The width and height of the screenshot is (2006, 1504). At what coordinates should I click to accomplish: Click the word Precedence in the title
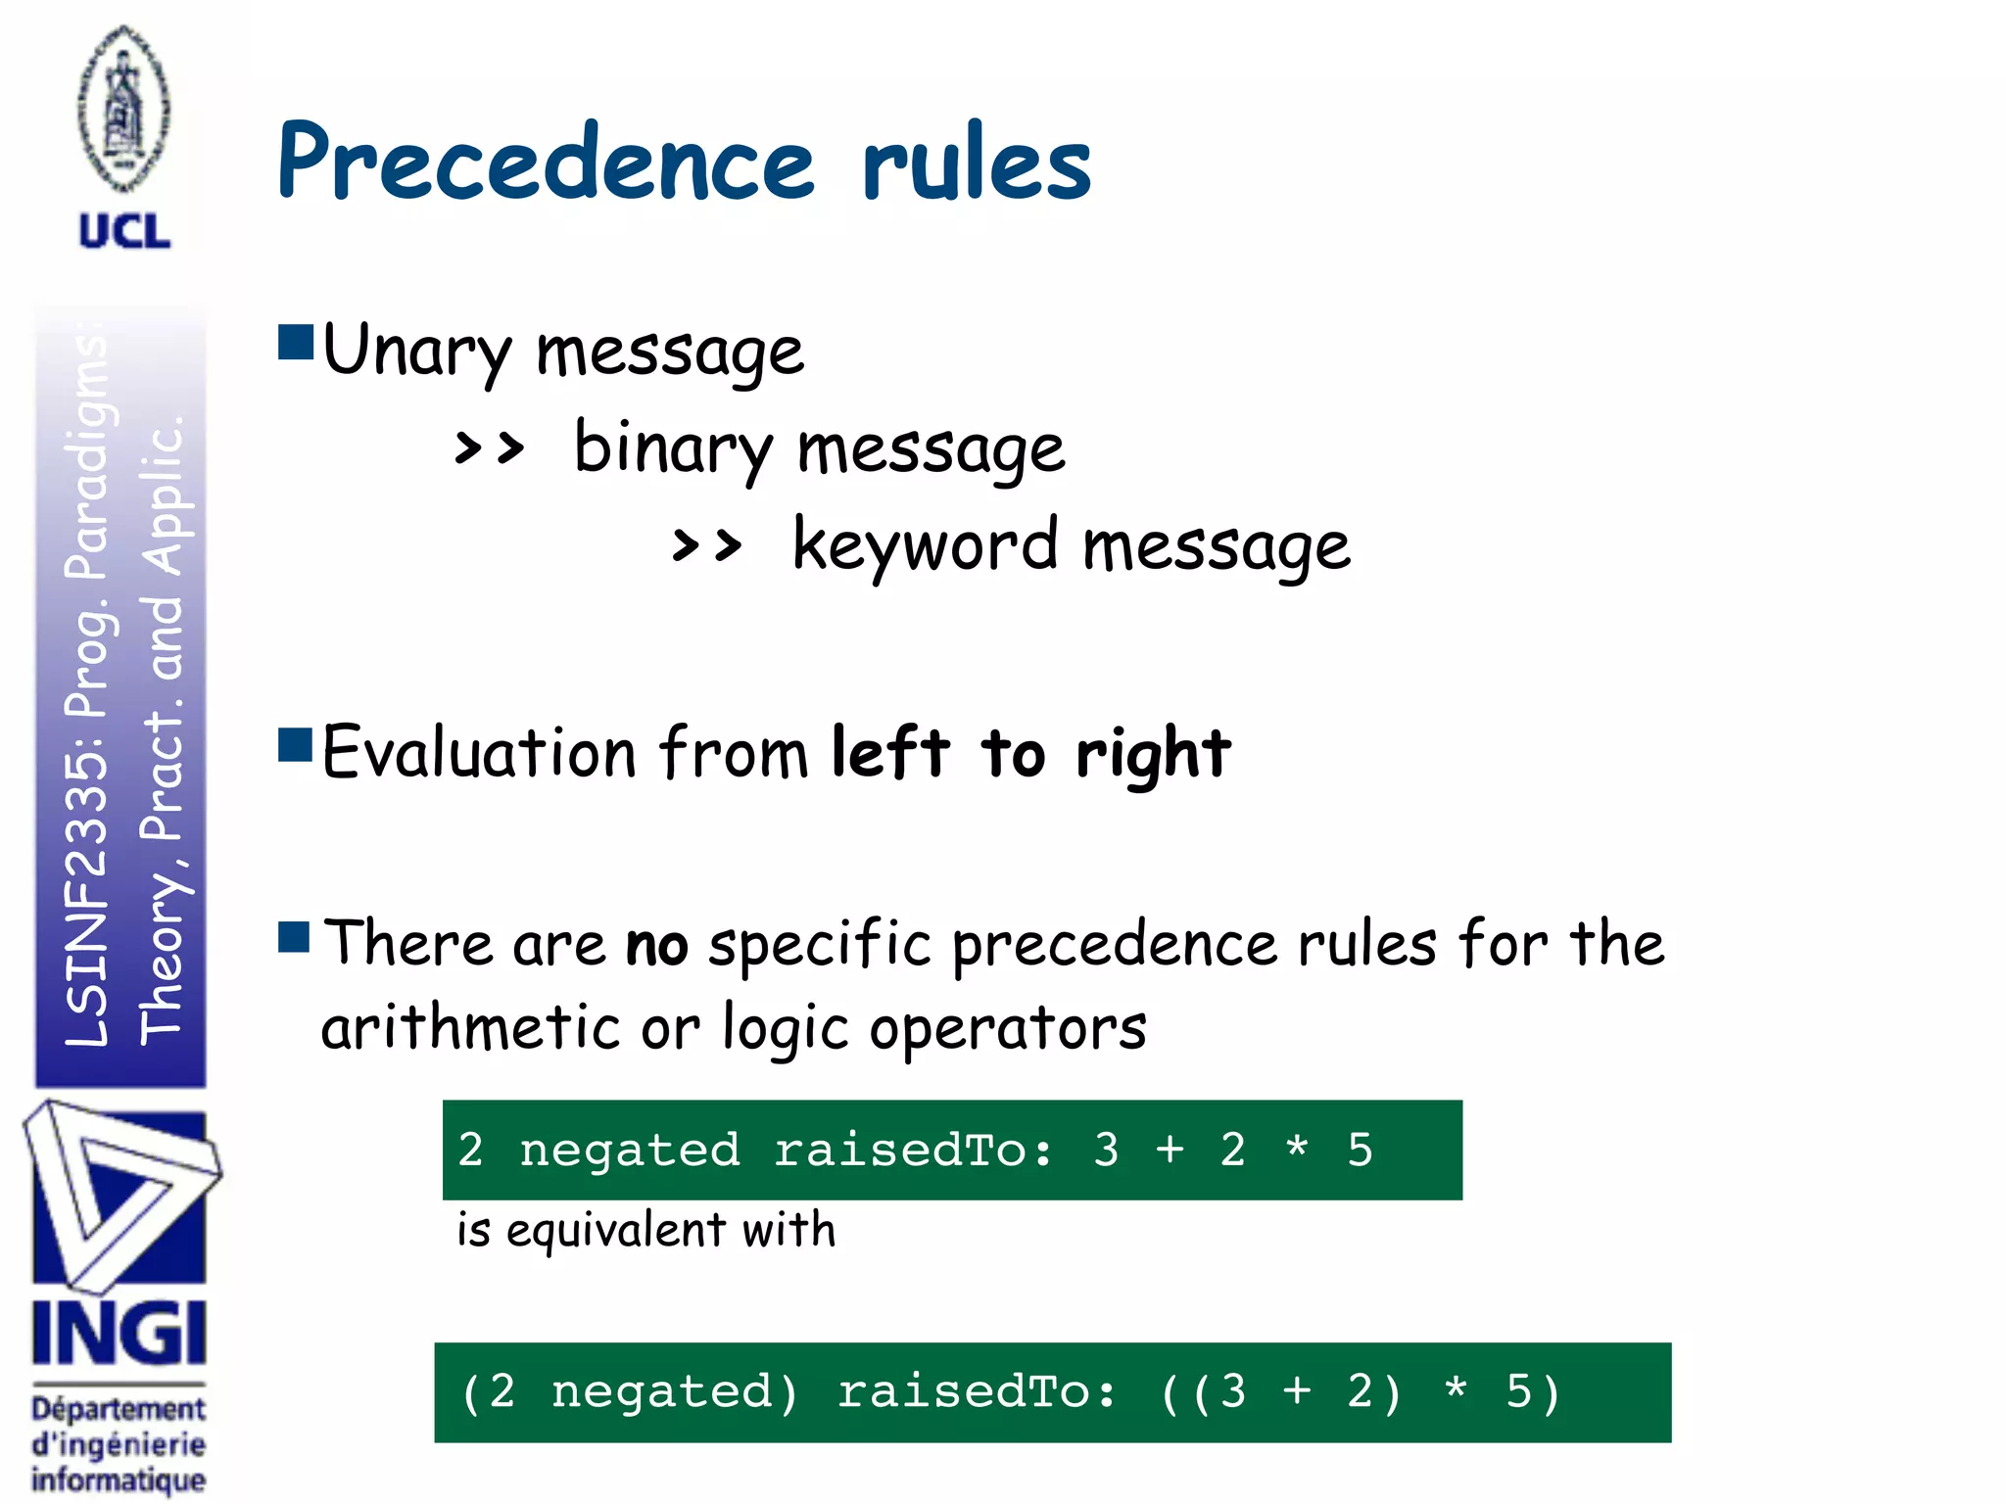click(545, 162)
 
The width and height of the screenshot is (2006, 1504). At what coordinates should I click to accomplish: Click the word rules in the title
click(976, 162)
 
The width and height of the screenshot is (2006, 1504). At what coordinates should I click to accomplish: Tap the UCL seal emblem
click(123, 110)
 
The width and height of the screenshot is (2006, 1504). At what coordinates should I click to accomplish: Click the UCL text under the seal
click(123, 232)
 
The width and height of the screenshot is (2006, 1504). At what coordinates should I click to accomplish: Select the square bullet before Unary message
click(295, 343)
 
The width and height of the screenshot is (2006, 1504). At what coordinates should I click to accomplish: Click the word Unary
click(416, 351)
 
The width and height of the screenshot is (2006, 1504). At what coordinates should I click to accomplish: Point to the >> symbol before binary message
click(489, 449)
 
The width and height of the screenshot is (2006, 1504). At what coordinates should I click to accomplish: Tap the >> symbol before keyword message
click(706, 545)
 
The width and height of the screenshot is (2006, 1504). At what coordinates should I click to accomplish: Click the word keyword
click(925, 545)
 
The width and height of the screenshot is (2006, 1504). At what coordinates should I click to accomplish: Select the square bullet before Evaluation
click(295, 744)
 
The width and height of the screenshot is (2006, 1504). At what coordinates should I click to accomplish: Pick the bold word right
click(1152, 754)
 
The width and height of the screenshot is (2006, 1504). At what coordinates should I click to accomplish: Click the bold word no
click(656, 946)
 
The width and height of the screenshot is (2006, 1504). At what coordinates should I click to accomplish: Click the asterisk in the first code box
click(1296, 1148)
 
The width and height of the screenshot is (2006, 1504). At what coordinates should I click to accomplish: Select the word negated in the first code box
click(629, 1150)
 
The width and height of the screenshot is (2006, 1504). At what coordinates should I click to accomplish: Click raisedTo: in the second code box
click(976, 1391)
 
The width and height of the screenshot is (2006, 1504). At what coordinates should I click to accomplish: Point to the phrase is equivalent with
click(646, 1230)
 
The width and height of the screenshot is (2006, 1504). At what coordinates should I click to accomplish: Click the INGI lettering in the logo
click(119, 1333)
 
